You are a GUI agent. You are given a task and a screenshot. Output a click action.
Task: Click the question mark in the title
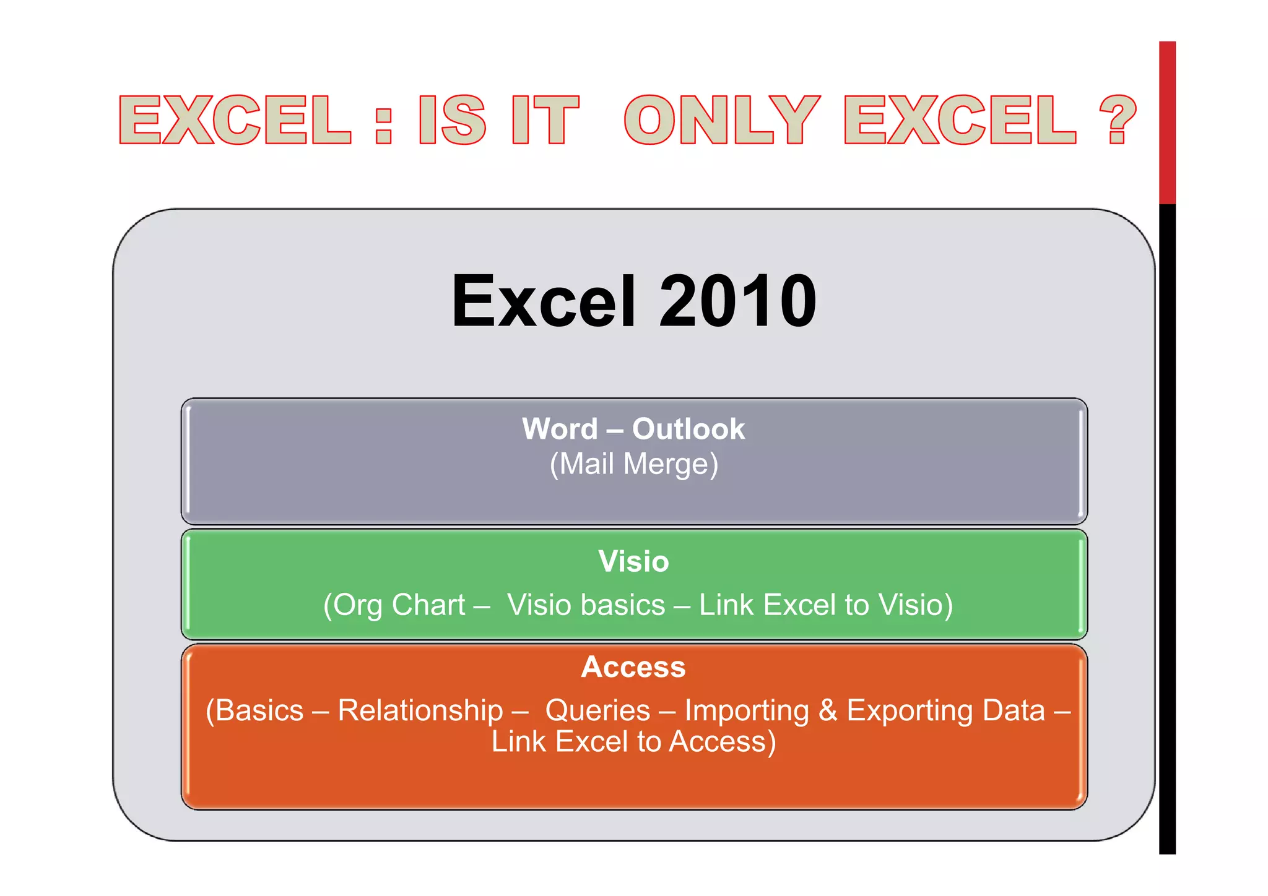click(x=1118, y=120)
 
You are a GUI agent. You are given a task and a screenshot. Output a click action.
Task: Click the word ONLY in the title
click(x=722, y=120)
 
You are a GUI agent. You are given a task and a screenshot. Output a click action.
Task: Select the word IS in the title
click(x=452, y=120)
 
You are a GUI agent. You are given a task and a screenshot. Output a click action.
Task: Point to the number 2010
click(x=737, y=301)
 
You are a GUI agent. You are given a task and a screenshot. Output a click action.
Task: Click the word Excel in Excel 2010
click(x=544, y=301)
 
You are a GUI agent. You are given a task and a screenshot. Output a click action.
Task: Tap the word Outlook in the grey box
click(x=688, y=429)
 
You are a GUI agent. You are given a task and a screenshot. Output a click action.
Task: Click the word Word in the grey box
click(x=560, y=429)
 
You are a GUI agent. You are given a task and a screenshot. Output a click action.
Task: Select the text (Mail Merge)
click(x=634, y=464)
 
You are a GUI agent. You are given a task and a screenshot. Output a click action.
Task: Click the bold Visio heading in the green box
click(x=633, y=561)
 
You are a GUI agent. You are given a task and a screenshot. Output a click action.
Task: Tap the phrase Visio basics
click(x=586, y=605)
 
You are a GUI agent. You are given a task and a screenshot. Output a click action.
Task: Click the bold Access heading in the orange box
click(x=633, y=667)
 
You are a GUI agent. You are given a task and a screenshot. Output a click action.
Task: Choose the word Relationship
click(x=420, y=710)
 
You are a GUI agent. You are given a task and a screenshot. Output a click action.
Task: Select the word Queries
click(x=597, y=710)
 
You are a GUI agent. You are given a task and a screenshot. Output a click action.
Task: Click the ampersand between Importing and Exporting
click(x=828, y=710)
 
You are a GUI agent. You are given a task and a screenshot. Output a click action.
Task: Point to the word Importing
click(x=747, y=710)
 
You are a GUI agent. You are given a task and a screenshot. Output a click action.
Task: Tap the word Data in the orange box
click(x=1014, y=710)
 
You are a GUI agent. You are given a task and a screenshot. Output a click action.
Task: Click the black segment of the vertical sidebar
click(x=1167, y=526)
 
